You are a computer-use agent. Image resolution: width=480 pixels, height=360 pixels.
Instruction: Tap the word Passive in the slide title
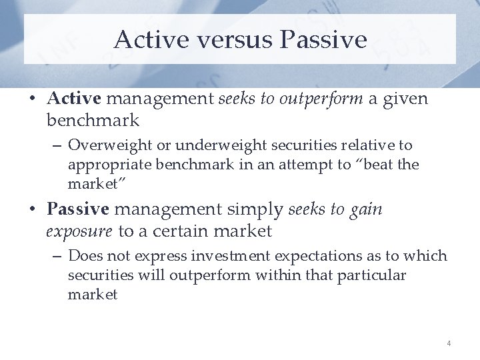pyautogui.click(x=323, y=39)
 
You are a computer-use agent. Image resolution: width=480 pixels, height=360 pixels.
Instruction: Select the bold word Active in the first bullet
pyautogui.click(x=73, y=99)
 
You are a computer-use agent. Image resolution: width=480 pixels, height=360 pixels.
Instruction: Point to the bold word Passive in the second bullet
pyautogui.click(x=77, y=209)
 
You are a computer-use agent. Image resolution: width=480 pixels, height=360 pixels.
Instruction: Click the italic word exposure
pyautogui.click(x=79, y=231)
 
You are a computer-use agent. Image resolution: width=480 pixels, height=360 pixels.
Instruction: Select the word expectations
pyautogui.click(x=303, y=256)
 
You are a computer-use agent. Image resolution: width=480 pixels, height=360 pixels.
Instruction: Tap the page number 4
pyautogui.click(x=449, y=343)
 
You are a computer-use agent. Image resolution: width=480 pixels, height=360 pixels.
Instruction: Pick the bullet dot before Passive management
pyautogui.click(x=33, y=210)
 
